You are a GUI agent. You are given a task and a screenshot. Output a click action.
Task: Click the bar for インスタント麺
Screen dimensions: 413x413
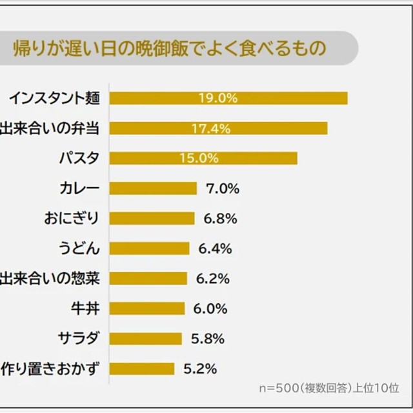tap(228, 98)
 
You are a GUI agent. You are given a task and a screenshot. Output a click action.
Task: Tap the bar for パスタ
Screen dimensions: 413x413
tap(203, 158)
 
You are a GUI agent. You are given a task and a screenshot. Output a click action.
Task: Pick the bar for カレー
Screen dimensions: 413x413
tap(153, 188)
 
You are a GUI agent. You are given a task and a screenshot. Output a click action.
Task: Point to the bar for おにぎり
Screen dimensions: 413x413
tap(152, 218)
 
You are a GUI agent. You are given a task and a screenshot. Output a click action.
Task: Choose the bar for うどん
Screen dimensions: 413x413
tap(150, 248)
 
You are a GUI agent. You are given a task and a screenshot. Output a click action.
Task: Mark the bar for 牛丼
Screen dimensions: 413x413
tap(147, 308)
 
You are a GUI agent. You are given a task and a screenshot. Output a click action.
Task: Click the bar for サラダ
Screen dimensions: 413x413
tap(146, 339)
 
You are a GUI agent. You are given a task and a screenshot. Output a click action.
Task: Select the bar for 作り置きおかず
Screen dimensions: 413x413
tap(142, 369)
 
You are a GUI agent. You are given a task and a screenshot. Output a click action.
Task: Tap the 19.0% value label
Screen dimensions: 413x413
tap(218, 98)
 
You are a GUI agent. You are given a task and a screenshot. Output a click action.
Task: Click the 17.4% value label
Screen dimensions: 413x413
tap(211, 128)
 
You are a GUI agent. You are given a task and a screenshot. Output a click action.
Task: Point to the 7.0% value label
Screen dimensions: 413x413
tap(221, 188)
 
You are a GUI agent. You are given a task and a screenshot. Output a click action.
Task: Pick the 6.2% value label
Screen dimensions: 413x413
tap(212, 279)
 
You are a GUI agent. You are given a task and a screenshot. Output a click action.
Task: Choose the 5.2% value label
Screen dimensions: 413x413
tap(199, 369)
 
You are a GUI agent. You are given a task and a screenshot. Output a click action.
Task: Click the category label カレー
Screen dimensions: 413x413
tap(79, 188)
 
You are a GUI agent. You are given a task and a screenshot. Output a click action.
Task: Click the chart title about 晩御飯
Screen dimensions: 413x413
tap(169, 48)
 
